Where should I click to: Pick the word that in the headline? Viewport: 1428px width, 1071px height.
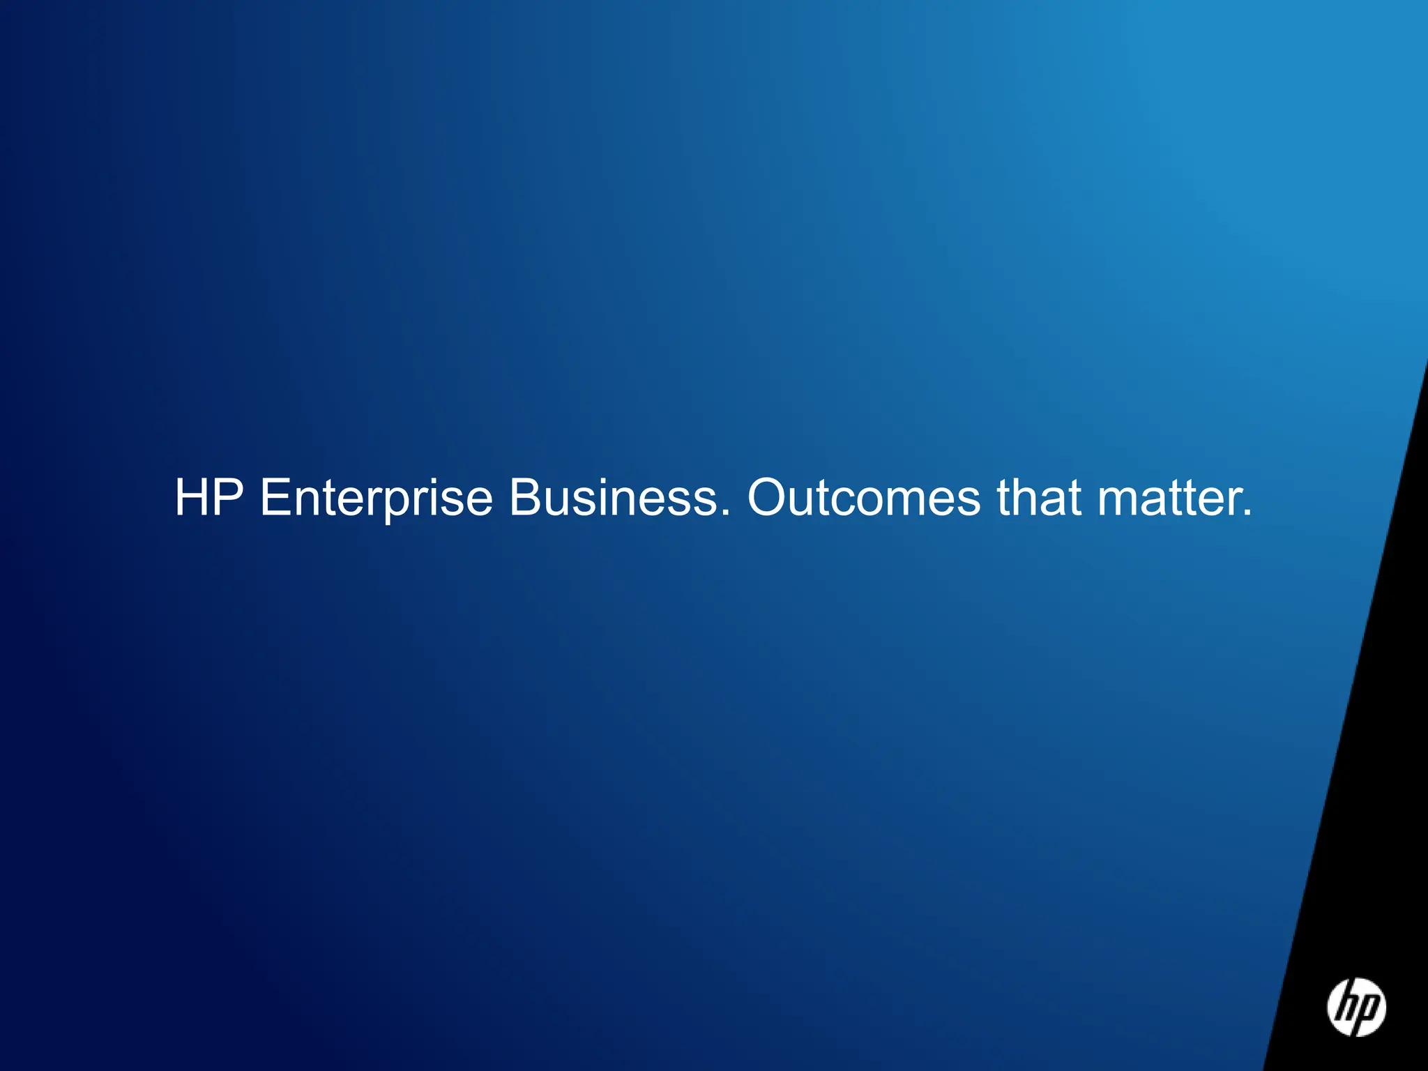1039,498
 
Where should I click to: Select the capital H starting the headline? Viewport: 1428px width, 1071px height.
192,498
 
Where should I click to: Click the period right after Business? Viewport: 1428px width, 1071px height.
726,514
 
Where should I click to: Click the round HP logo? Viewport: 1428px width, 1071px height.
1356,1007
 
